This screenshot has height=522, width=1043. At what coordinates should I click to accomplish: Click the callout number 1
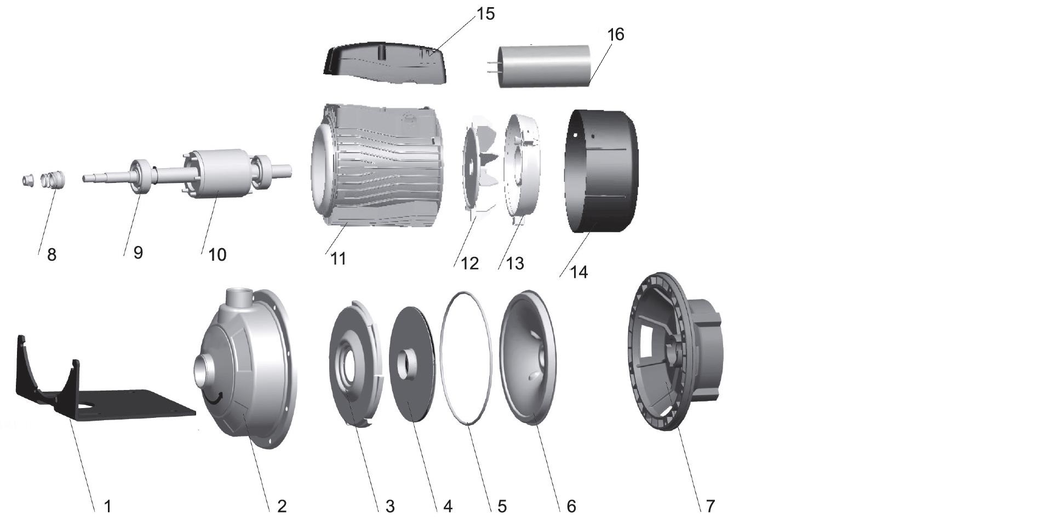[108, 506]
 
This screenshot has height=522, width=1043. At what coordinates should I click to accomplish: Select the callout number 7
[710, 506]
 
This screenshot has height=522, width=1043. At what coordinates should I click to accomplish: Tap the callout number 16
[616, 35]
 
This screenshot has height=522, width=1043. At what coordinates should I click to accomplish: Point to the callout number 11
[339, 259]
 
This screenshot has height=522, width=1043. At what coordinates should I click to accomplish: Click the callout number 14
[579, 272]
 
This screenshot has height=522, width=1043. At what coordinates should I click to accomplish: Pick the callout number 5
[502, 506]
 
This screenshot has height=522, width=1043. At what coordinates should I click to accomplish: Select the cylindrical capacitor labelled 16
[546, 66]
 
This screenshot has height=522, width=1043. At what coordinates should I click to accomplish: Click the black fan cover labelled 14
[601, 171]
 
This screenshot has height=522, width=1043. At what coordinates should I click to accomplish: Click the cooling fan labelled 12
[478, 167]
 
